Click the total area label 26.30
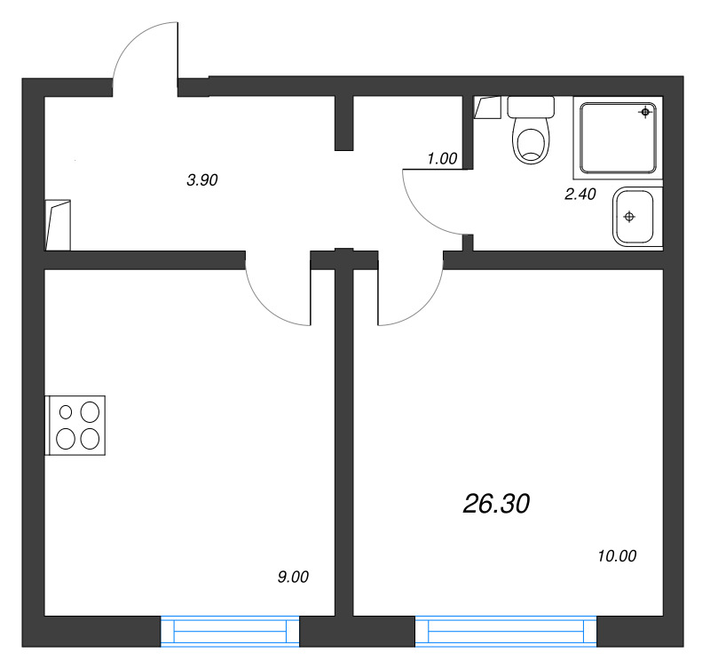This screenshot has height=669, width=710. pos(496,505)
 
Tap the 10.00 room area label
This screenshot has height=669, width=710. pos(618,557)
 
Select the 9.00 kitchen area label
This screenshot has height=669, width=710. pos(293,577)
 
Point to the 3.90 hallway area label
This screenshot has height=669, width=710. pos(201,179)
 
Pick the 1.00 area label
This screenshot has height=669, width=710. pos(441,159)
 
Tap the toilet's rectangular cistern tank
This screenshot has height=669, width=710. pos(530,108)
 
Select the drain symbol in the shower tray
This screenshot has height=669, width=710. pos(645,112)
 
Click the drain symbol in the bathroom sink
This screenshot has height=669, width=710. pos(629,217)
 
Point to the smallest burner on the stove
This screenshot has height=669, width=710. pos(67,411)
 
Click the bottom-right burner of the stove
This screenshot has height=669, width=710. pos(90,438)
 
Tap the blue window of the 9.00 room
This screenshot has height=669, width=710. pos(230,631)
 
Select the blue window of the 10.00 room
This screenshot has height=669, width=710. pos(506,631)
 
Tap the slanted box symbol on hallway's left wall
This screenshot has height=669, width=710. pos(59,224)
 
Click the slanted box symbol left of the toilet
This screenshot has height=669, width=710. pos(487,108)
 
